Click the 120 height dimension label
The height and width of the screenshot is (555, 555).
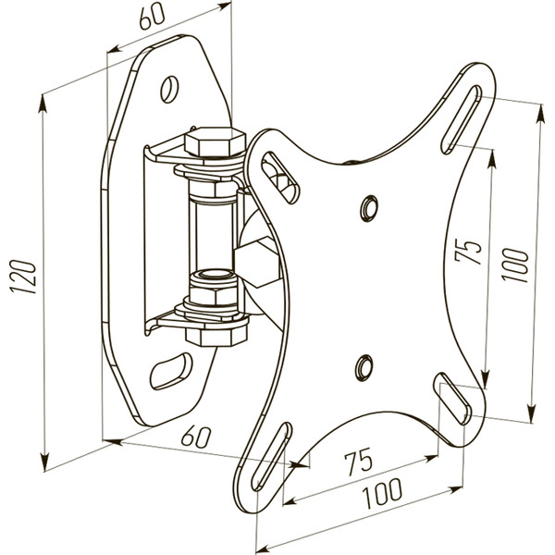point(27,277)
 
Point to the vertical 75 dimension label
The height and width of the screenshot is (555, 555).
point(471,253)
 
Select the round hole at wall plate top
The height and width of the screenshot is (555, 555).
point(170,88)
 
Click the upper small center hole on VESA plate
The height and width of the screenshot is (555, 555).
point(368,205)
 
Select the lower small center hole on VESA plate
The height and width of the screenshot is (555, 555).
point(364,364)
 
